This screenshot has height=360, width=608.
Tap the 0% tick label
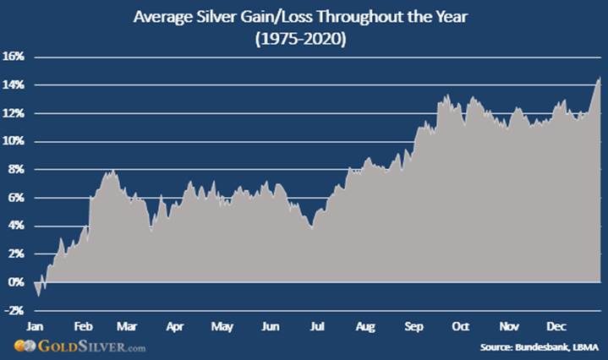(17, 282)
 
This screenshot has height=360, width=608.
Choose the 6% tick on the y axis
(17, 198)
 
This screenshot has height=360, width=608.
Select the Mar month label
(128, 325)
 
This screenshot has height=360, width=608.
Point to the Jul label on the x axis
(318, 325)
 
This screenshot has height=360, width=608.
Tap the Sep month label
(414, 325)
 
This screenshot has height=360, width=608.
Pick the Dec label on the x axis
(556, 325)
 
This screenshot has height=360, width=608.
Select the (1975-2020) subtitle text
(304, 37)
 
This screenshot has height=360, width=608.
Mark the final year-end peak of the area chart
(600, 79)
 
